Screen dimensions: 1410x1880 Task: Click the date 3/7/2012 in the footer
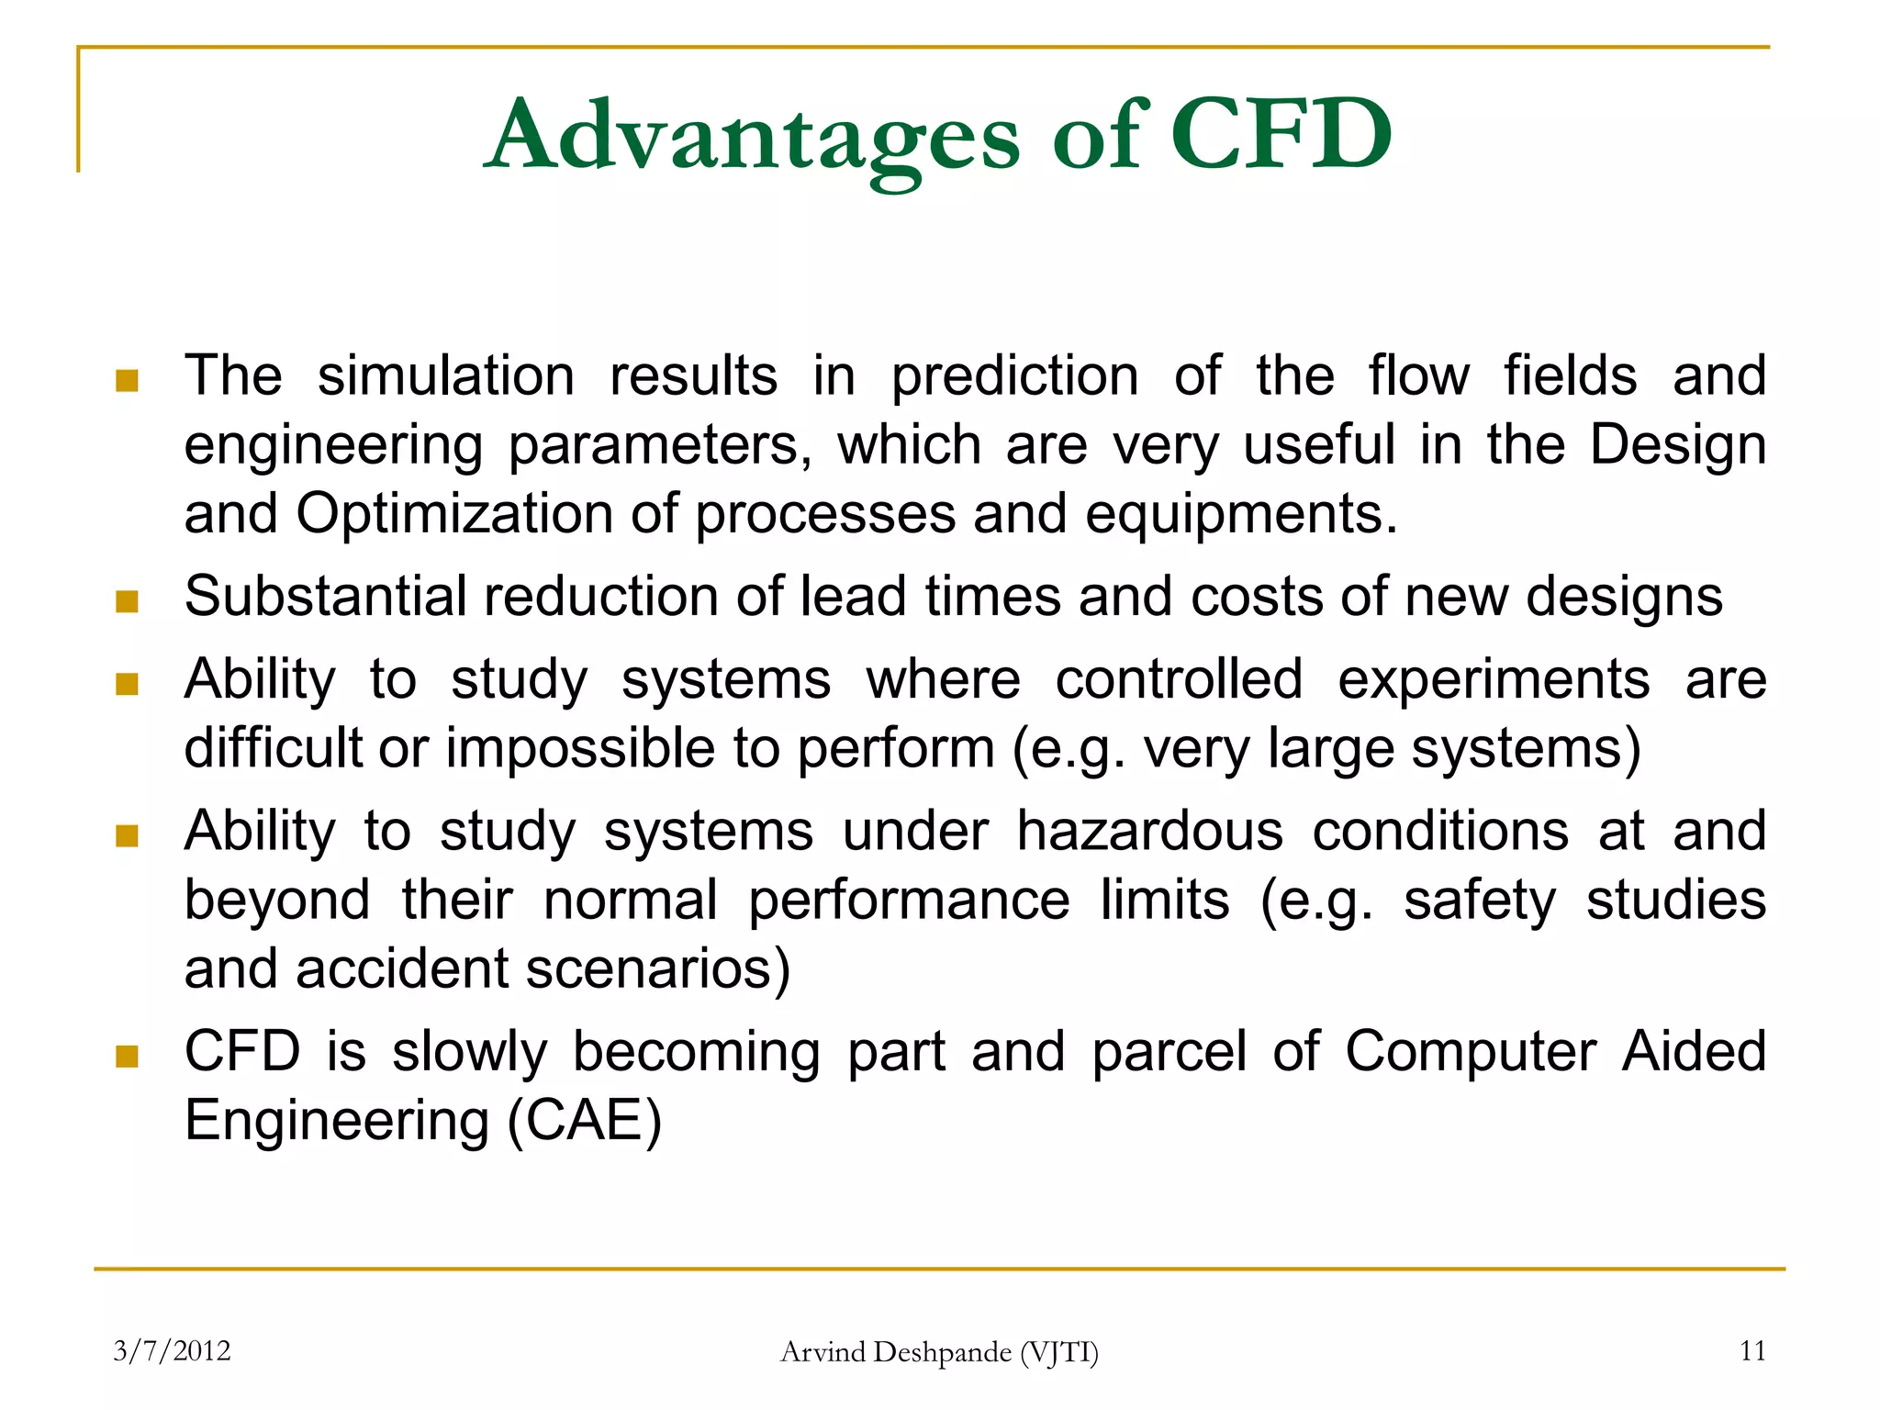pos(172,1350)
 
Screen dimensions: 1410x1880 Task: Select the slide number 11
pos(1752,1350)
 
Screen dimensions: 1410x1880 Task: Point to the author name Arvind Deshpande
pos(895,1352)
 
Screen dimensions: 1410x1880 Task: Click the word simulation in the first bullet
pos(446,376)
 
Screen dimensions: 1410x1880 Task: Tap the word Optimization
pos(454,514)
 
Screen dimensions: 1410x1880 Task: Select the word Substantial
pos(326,597)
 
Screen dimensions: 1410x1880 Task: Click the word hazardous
pos(1149,832)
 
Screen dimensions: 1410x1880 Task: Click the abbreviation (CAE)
pos(584,1121)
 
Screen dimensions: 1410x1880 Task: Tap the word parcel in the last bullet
pos(1169,1052)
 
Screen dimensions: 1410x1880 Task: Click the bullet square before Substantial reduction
pos(127,601)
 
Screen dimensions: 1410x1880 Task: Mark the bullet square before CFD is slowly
pos(127,1057)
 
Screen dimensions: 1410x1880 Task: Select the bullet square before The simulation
pos(127,381)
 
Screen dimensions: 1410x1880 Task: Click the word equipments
pos(1241,514)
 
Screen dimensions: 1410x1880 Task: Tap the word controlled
pos(1179,680)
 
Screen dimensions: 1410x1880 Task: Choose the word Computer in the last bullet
pos(1470,1052)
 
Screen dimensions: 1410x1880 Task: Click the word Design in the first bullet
pos(1677,446)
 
